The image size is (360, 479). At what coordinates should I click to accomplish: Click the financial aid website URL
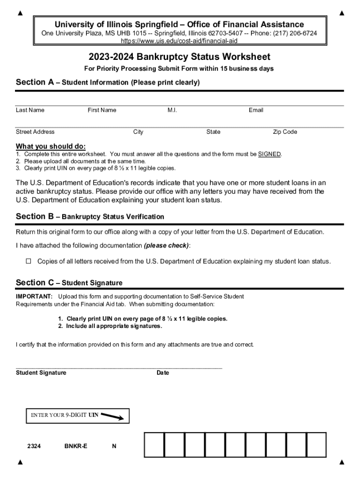click(180, 41)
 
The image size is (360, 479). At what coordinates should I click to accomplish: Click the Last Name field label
click(30, 110)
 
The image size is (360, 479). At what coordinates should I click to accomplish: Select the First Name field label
click(102, 110)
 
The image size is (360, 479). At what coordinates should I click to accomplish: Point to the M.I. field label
click(172, 110)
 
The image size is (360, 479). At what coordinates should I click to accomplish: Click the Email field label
click(256, 110)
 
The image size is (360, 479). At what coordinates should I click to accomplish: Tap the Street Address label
click(35, 132)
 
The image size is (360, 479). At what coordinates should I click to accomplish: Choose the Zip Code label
click(285, 132)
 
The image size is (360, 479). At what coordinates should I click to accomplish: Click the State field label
click(213, 132)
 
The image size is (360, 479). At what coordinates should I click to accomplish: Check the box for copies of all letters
click(28, 261)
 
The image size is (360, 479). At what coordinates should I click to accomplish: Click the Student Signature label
click(41, 373)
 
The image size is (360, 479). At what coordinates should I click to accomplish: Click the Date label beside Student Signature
click(163, 373)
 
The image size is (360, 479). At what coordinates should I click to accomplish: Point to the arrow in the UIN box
click(112, 416)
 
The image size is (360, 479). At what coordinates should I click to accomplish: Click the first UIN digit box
click(154, 444)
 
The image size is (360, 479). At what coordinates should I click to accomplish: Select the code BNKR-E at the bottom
click(76, 446)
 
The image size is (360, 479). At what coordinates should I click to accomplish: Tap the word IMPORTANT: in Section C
click(34, 297)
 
